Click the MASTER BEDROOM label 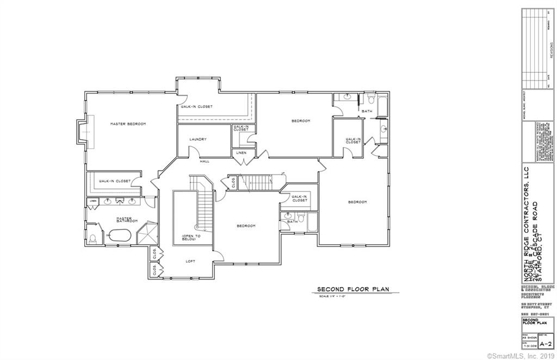[x=128, y=124]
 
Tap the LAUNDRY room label [x=197, y=139]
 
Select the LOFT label [x=190, y=261]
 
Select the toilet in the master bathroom [x=93, y=239]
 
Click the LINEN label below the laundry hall [x=241, y=153]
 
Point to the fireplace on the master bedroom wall [x=83, y=132]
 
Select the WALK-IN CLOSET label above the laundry [x=196, y=107]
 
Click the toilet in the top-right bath [x=369, y=99]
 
